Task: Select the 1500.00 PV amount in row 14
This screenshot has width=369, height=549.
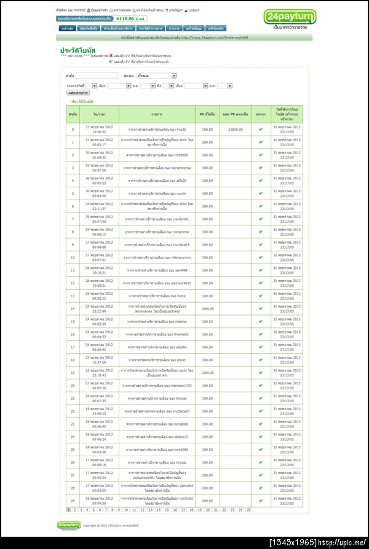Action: [x=207, y=309]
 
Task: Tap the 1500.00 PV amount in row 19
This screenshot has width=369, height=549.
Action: [x=207, y=373]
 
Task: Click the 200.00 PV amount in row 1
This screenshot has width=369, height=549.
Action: [x=207, y=142]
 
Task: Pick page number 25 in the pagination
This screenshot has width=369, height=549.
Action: [x=248, y=510]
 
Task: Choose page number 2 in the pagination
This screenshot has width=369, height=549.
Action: [x=74, y=510]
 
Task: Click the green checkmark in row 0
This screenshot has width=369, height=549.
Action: [x=261, y=129]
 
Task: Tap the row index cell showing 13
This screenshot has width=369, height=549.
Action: [x=73, y=296]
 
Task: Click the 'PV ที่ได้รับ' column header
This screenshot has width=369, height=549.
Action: [x=207, y=114]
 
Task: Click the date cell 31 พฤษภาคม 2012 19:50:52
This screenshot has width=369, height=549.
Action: [x=99, y=130]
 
